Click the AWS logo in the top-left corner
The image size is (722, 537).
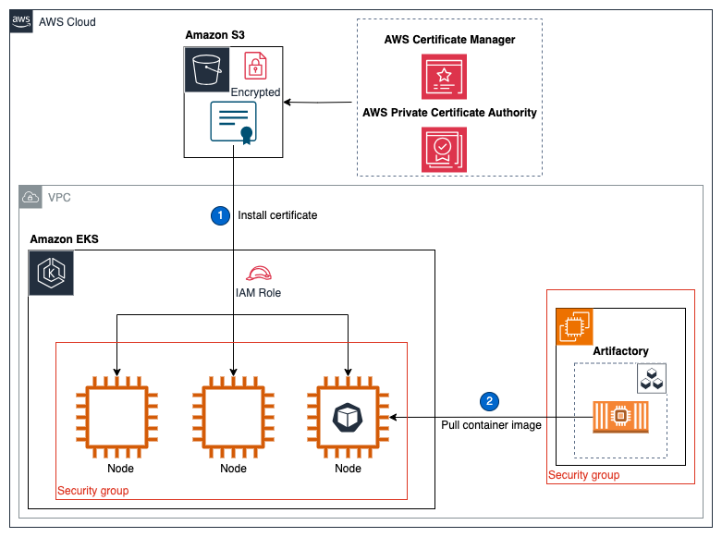coord(21,21)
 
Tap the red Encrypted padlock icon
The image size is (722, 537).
coord(255,67)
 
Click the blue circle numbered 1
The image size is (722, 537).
coord(220,215)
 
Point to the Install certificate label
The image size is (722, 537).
coord(277,215)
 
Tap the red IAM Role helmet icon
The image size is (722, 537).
coord(258,274)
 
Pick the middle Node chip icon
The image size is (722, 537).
coord(233,418)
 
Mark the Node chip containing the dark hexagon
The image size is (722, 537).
coord(349,418)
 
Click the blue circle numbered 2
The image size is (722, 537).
coord(489,401)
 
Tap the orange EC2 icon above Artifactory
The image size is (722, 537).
coord(574,327)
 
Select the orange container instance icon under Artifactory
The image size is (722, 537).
coord(619,418)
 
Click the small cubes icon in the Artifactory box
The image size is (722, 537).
coord(652,379)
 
